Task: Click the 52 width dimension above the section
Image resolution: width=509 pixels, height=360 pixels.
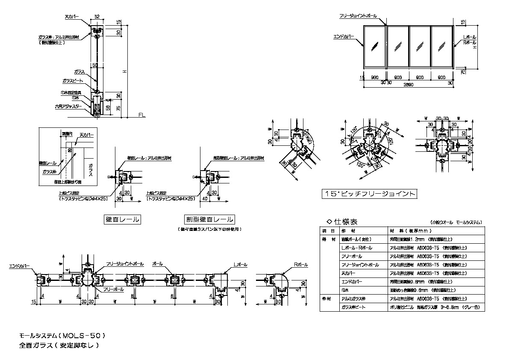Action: click(97, 16)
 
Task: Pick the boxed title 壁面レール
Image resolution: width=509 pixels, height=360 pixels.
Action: click(123, 220)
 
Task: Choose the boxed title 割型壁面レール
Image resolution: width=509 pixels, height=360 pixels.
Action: click(209, 220)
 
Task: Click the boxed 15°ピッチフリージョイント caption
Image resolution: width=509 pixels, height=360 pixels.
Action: click(369, 194)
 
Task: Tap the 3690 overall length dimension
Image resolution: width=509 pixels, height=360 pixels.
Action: click(408, 85)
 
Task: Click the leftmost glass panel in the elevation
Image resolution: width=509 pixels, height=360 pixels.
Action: click(375, 45)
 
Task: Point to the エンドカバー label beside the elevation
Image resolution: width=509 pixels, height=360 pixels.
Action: click(344, 37)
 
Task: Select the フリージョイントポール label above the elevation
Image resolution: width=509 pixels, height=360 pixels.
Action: click(358, 16)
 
